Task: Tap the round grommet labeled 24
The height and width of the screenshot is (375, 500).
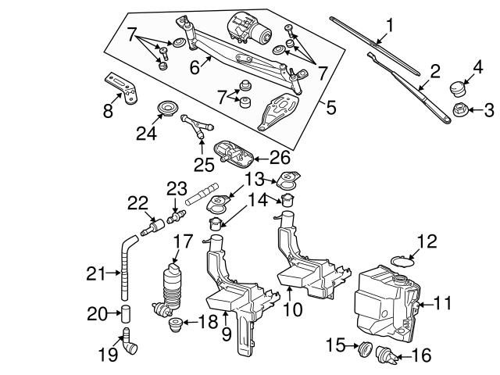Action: pos(166,107)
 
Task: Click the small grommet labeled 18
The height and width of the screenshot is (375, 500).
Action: pos(175,322)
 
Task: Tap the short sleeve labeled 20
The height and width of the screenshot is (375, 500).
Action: pos(125,314)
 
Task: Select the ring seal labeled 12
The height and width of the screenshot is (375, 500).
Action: pos(402,259)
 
